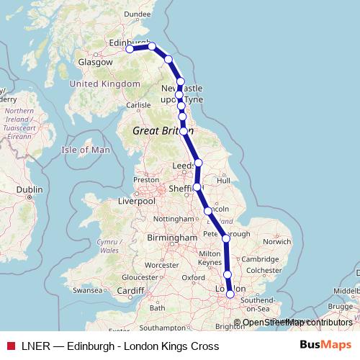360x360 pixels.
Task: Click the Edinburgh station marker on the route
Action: point(130,50)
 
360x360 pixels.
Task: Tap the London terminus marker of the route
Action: point(230,294)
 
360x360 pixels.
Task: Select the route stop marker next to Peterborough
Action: point(226,238)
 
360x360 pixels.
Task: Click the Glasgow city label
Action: point(96,63)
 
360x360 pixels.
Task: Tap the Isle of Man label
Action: point(86,150)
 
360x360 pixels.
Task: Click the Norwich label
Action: point(276,242)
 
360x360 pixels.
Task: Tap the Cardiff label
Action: point(131,290)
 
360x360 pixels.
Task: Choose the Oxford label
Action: point(193,277)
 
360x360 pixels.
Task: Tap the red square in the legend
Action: point(10,346)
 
